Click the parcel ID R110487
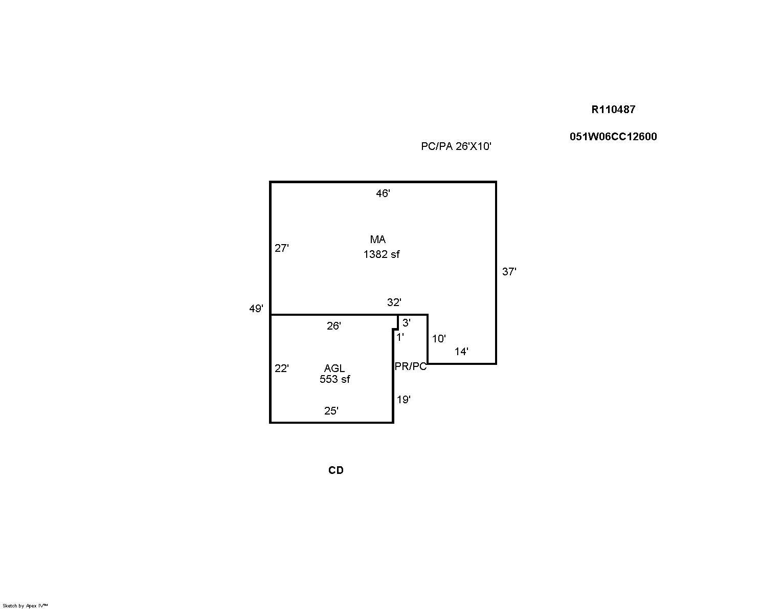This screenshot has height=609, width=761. tap(613, 110)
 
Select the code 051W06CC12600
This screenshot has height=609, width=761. tap(613, 137)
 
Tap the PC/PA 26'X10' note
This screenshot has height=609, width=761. tap(456, 146)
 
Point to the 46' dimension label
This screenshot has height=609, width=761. tap(383, 193)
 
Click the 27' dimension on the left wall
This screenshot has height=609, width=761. tap(282, 248)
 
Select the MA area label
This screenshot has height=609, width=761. tap(377, 239)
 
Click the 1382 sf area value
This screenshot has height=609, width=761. tap(382, 254)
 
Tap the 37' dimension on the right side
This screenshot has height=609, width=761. tap(509, 271)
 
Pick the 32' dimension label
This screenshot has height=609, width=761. tap(394, 302)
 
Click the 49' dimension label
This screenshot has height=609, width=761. tap(256, 309)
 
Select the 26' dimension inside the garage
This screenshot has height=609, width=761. tap(334, 326)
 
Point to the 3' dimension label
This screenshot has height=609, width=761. tap(407, 323)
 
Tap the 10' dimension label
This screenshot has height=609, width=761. tap(439, 339)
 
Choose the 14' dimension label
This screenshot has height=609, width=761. tap(461, 352)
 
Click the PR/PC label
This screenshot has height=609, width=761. tap(411, 366)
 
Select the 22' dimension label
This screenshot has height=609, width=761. tap(282, 368)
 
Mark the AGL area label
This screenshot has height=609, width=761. tap(334, 368)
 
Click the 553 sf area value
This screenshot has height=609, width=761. tap(335, 379)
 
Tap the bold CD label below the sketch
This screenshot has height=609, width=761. tap(336, 470)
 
